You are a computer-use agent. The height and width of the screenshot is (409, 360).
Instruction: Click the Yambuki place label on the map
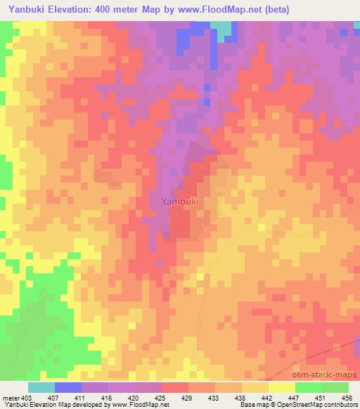point(180,202)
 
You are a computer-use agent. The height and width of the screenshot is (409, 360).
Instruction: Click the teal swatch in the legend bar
point(41,387)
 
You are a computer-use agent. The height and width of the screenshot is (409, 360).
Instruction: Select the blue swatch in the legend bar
point(67,387)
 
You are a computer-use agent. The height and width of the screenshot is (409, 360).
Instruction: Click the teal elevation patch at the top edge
point(223,28)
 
